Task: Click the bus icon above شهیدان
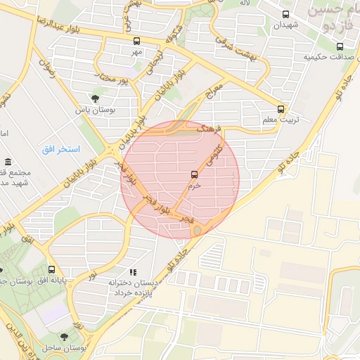click(x=285, y=14)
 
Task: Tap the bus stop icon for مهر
click(x=136, y=41)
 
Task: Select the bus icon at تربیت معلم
click(x=281, y=109)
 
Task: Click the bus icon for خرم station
click(x=194, y=174)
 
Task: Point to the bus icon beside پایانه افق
click(x=51, y=269)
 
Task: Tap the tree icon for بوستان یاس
click(x=95, y=98)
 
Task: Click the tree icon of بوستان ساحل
click(x=65, y=337)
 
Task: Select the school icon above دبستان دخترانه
click(x=132, y=271)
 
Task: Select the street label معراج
click(x=214, y=91)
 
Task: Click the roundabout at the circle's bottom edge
click(x=198, y=231)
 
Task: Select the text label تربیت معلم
click(x=281, y=120)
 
